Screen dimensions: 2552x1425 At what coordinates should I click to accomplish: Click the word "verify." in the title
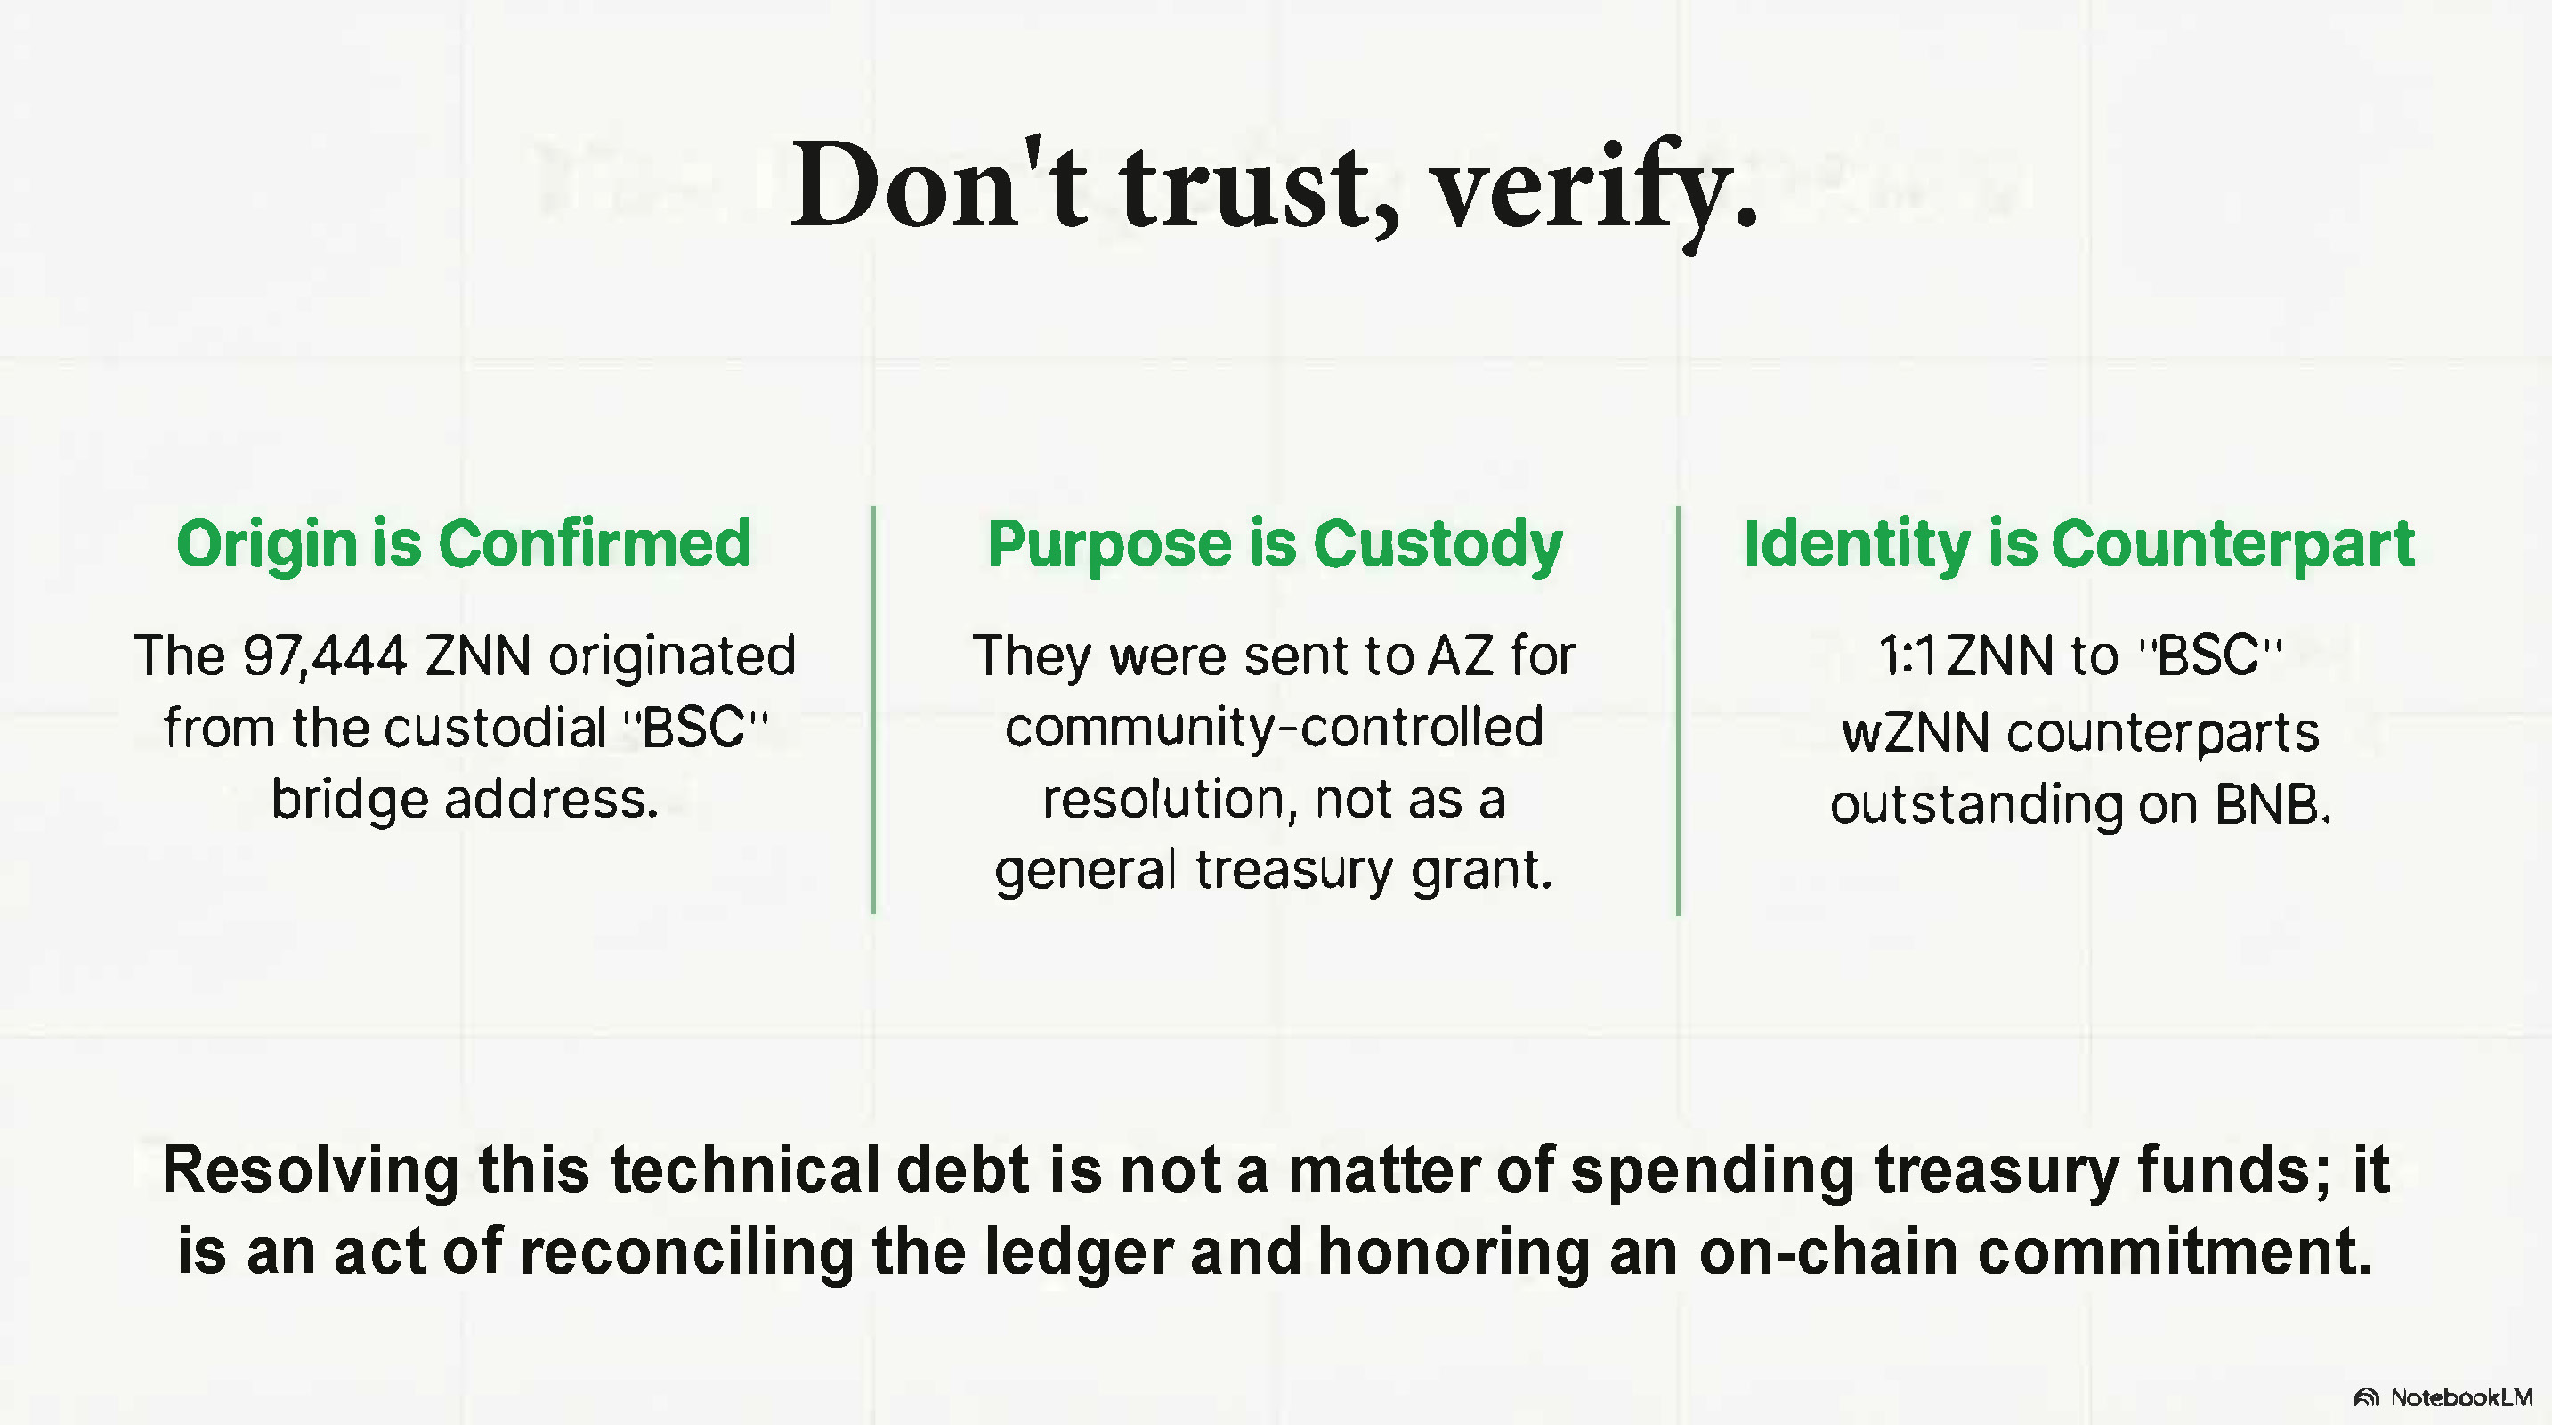point(1597,191)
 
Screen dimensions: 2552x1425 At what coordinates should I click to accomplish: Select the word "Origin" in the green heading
point(265,546)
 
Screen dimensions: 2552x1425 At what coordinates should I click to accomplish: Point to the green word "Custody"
point(1438,546)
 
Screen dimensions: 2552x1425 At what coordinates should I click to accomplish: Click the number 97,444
point(325,656)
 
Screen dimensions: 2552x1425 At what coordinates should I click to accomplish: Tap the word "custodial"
point(495,728)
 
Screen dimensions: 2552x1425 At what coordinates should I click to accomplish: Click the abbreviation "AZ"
point(1461,656)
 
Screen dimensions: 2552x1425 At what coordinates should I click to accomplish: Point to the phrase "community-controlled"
point(1274,728)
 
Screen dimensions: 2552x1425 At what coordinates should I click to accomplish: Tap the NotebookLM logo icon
point(2367,1398)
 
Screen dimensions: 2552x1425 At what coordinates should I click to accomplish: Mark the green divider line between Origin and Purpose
point(873,710)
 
